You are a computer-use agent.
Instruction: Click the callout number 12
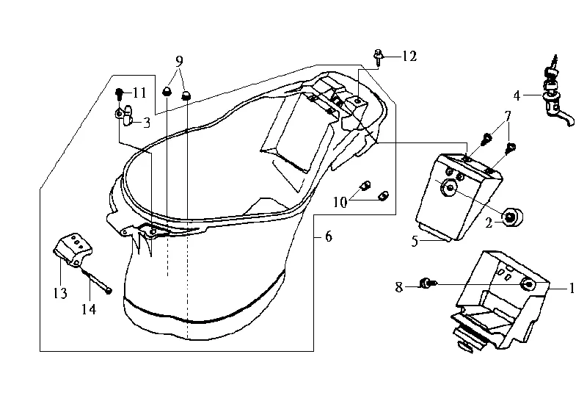409,57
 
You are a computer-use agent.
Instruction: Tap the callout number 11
139,93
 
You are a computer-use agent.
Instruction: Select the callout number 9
179,61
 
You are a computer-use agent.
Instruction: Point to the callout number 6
328,236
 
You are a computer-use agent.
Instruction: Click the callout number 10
340,203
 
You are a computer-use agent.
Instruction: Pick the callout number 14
89,309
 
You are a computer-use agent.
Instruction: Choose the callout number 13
60,294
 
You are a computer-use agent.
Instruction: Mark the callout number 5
415,242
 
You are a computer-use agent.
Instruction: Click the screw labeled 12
378,57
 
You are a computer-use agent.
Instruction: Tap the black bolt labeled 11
119,94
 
